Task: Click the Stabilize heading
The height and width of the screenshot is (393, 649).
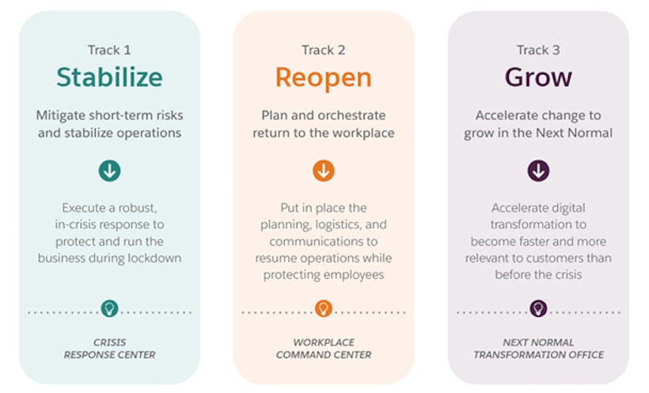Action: click(x=109, y=78)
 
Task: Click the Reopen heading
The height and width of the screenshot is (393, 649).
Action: click(x=323, y=78)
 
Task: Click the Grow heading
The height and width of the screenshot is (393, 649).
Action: click(x=538, y=78)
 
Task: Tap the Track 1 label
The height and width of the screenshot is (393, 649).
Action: click(x=109, y=50)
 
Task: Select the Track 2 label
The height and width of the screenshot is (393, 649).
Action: click(x=323, y=50)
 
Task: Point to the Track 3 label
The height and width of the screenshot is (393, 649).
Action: click(x=538, y=50)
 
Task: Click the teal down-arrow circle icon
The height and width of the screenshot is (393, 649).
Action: click(x=109, y=170)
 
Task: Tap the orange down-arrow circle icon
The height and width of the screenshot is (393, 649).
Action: click(x=323, y=170)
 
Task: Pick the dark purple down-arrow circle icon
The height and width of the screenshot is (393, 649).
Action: click(x=538, y=170)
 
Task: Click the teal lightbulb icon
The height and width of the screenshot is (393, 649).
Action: click(x=109, y=309)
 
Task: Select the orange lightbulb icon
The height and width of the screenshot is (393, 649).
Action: click(x=323, y=309)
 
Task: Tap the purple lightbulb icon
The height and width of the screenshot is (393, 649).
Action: click(x=538, y=309)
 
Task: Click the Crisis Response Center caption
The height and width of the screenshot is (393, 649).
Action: click(x=109, y=349)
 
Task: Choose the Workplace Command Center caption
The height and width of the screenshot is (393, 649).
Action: click(x=323, y=349)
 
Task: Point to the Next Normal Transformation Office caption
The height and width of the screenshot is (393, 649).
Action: click(x=538, y=349)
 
